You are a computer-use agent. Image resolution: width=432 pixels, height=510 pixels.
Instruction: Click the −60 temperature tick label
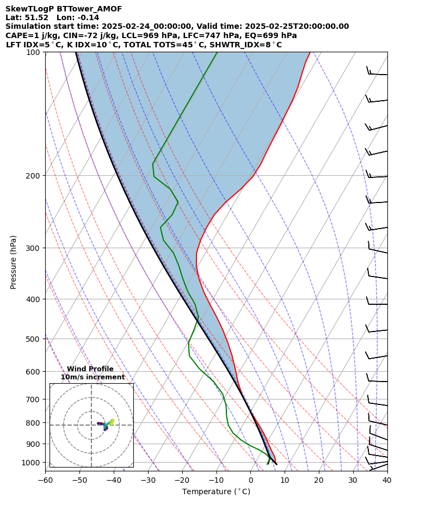pos(45,481)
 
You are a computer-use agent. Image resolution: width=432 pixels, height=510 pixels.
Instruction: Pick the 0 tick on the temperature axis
pos(250,481)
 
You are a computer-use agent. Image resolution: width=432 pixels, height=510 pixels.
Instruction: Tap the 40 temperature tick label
pos(387,481)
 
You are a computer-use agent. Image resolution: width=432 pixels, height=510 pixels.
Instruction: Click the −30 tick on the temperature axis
pos(148,481)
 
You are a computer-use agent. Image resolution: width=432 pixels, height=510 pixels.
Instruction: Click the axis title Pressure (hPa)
pos(14,262)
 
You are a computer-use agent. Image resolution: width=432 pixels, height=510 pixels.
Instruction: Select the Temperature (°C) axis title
pos(216,492)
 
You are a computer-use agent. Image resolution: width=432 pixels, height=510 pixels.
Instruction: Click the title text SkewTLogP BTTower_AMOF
pos(64,9)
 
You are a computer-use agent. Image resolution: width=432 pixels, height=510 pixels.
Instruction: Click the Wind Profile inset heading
pos(90,369)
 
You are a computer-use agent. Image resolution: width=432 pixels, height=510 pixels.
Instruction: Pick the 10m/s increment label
pos(92,377)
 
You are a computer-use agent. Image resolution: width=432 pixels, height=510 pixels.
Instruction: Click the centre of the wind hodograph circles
pos(91,425)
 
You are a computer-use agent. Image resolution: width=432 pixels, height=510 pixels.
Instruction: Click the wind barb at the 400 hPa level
pos(377,303)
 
